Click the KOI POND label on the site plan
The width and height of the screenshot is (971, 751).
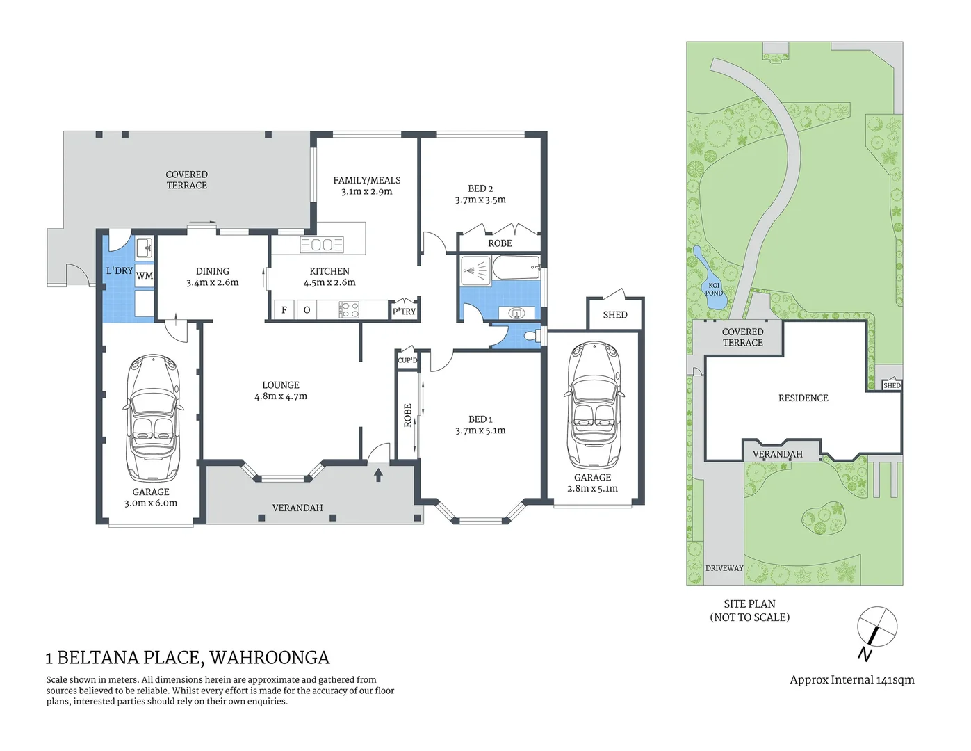[x=714, y=289]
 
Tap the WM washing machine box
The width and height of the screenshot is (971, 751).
[x=145, y=275]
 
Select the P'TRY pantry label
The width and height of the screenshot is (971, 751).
[x=404, y=312]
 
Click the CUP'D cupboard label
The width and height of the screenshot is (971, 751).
[x=407, y=360]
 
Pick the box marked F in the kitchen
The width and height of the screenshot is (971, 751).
[x=284, y=310]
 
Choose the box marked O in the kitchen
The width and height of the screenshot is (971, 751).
[x=307, y=310]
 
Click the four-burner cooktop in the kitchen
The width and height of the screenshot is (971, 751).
[x=349, y=310]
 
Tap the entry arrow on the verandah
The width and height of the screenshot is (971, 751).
[x=378, y=475]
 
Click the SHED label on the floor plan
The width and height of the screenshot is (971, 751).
[x=615, y=315]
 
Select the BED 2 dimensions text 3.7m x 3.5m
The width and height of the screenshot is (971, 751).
[x=480, y=200]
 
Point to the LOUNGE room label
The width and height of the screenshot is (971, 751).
[x=281, y=385]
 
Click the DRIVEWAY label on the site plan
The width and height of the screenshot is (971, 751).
[x=724, y=568]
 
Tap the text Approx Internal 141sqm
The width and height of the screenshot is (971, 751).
[x=851, y=680]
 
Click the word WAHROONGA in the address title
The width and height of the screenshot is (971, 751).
[x=270, y=658]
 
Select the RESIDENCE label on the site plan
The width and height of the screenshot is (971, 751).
[x=803, y=398]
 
